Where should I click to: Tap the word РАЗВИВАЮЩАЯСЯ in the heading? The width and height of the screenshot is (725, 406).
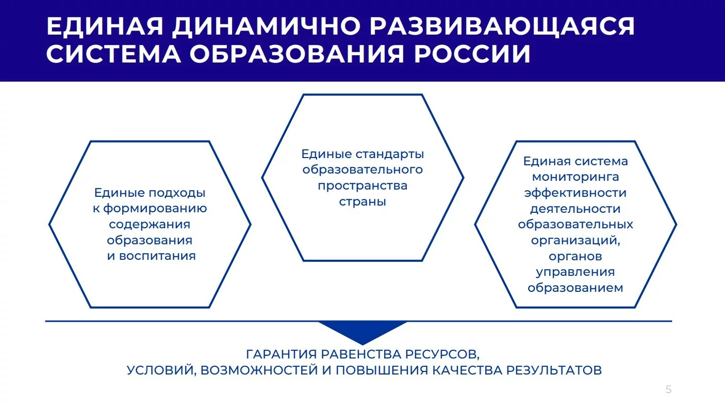point(502,26)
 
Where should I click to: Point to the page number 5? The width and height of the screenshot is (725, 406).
point(668,389)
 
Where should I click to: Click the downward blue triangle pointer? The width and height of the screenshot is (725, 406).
point(362,331)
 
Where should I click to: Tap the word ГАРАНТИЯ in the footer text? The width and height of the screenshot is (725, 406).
point(281,354)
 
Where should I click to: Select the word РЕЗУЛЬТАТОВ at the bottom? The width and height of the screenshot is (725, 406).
point(554,370)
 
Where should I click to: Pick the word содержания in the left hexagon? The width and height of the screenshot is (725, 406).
point(150,224)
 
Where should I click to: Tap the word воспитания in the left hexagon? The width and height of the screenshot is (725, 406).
point(157,256)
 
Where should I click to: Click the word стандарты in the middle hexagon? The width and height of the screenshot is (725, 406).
point(390,154)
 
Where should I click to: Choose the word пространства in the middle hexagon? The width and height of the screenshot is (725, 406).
point(362,186)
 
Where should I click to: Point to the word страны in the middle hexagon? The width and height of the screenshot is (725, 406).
point(362,201)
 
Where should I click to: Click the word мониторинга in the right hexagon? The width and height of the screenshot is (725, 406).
point(575,177)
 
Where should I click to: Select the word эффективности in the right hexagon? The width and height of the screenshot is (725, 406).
point(575,193)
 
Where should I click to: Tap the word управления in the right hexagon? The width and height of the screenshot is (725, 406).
point(575,272)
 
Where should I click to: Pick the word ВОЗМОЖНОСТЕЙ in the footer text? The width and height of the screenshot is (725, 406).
point(259,370)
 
